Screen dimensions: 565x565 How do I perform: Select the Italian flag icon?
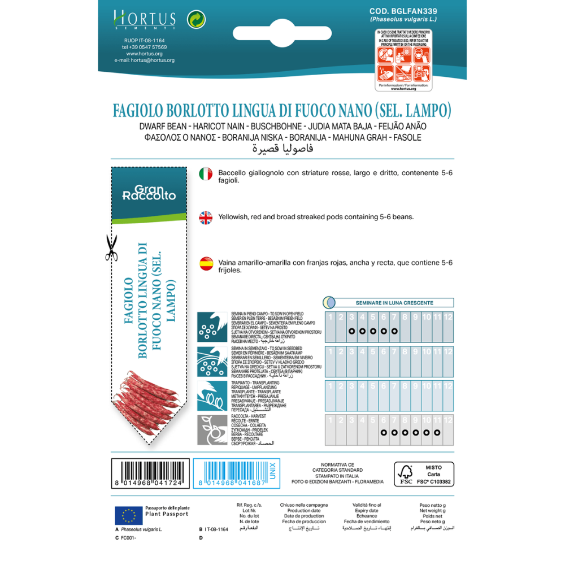(206, 174)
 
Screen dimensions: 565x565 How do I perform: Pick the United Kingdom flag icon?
(206, 217)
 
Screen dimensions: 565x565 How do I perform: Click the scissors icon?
(111, 248)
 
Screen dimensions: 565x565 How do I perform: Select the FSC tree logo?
(405, 472)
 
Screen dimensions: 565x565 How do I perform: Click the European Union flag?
(128, 515)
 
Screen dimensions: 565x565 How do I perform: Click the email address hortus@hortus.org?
(144, 60)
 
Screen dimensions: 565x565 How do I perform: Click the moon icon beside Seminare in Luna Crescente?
(329, 302)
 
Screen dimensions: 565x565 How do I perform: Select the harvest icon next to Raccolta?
(212, 429)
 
